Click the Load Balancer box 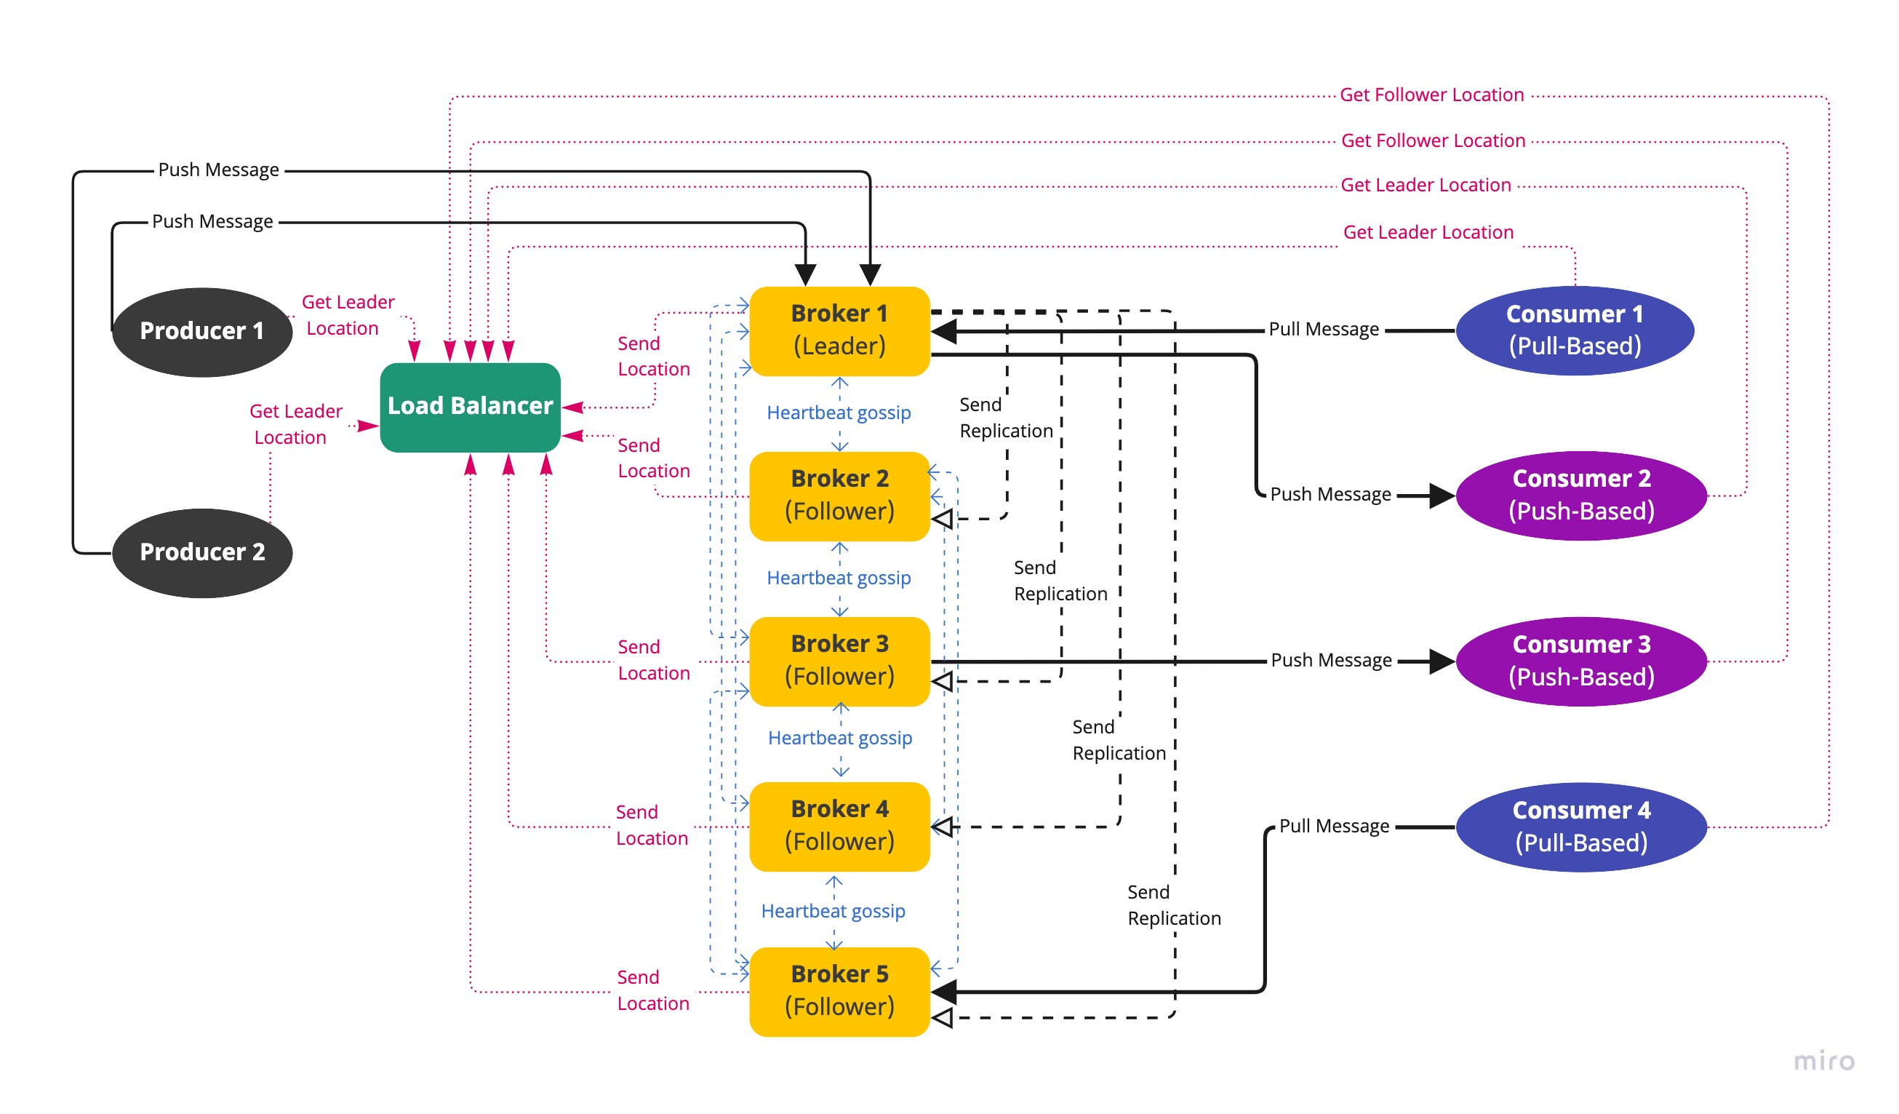(x=471, y=407)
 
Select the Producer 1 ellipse (x=202, y=332)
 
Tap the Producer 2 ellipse (x=202, y=553)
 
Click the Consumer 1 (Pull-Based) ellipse (x=1575, y=331)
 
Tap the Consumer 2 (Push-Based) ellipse (x=1581, y=496)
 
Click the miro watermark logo (x=1823, y=1061)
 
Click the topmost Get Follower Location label (x=1432, y=95)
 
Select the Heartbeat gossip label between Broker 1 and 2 (x=839, y=413)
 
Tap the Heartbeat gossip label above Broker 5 (x=833, y=911)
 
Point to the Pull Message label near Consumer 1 (x=1324, y=330)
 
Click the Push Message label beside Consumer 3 (x=1332, y=660)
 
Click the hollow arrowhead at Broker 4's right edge (x=943, y=827)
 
